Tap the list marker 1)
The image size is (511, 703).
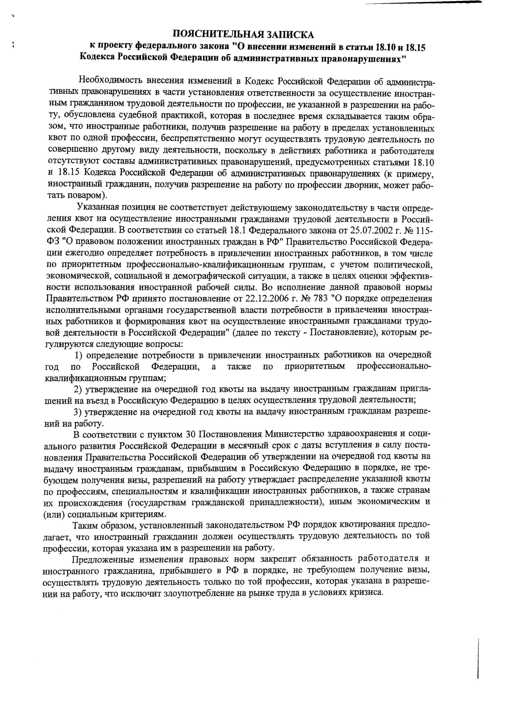tap(79, 355)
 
